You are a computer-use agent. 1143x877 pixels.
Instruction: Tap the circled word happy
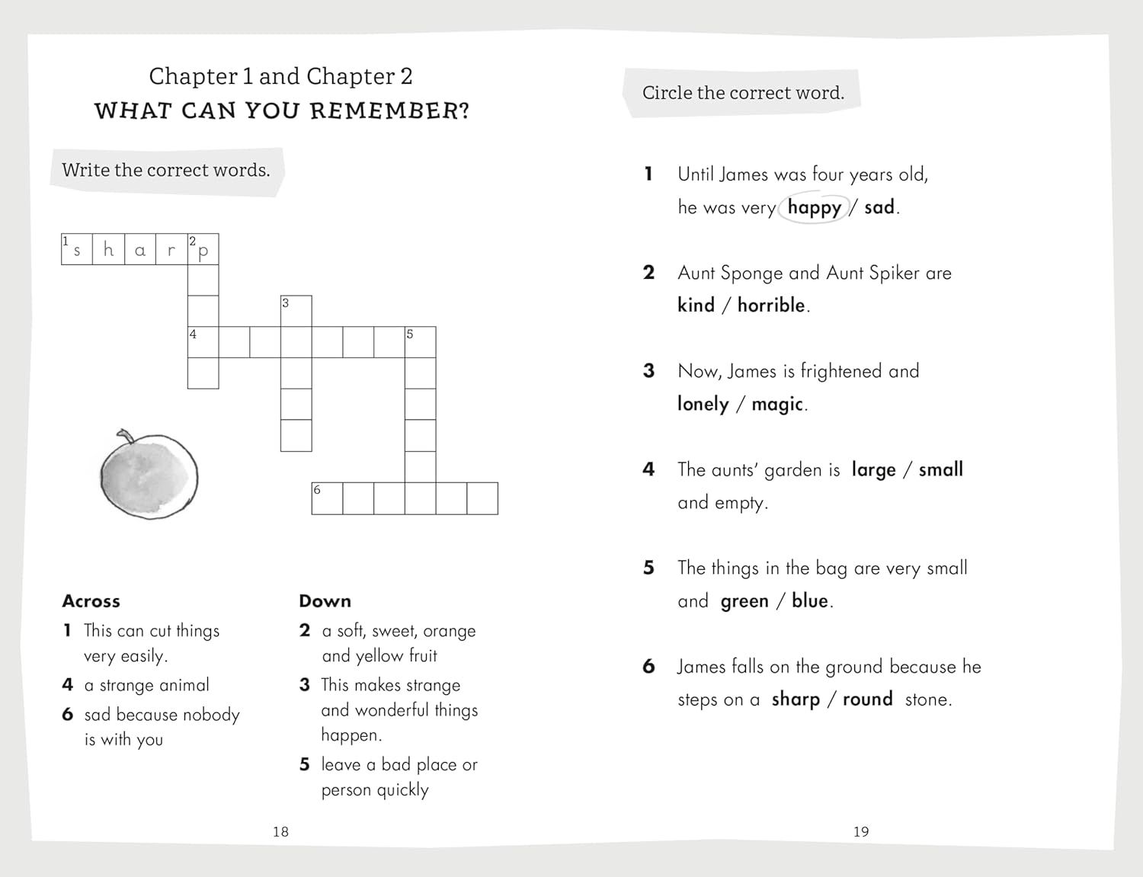point(814,207)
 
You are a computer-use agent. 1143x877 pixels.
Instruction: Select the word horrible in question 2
point(771,306)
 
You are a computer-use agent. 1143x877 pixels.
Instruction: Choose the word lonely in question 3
point(703,404)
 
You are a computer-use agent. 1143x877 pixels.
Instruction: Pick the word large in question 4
point(873,469)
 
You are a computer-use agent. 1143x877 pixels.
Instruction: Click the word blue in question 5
point(809,600)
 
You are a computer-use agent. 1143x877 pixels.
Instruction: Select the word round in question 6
point(867,699)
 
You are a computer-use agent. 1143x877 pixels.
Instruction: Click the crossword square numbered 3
point(296,311)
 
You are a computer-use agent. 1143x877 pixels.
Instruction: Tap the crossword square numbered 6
point(328,498)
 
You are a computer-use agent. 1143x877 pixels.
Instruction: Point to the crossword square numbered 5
point(420,342)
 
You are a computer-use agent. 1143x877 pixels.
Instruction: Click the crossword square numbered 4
point(203,342)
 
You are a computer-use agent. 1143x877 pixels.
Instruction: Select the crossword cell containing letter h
point(108,249)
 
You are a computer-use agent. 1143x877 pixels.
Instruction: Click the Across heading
point(91,601)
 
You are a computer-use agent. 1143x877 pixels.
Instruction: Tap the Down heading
point(325,601)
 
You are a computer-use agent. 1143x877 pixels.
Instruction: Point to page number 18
point(280,831)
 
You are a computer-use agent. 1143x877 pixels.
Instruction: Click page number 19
point(861,831)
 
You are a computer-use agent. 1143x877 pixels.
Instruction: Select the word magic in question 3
point(777,404)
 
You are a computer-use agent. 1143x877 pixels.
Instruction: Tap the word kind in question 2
point(696,306)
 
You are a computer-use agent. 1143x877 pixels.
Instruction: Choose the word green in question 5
point(744,601)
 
